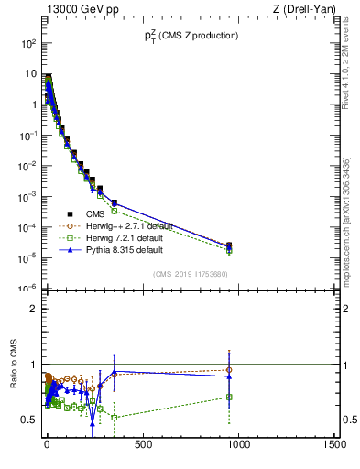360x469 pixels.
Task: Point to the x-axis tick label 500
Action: [x=142, y=445]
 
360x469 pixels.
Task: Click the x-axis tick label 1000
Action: [x=238, y=445]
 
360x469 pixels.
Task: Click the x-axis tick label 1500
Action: [x=334, y=445]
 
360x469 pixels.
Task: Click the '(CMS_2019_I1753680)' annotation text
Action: [x=190, y=273]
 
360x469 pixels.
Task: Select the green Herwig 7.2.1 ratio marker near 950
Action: [x=229, y=397]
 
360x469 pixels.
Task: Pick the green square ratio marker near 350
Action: [x=114, y=418]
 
